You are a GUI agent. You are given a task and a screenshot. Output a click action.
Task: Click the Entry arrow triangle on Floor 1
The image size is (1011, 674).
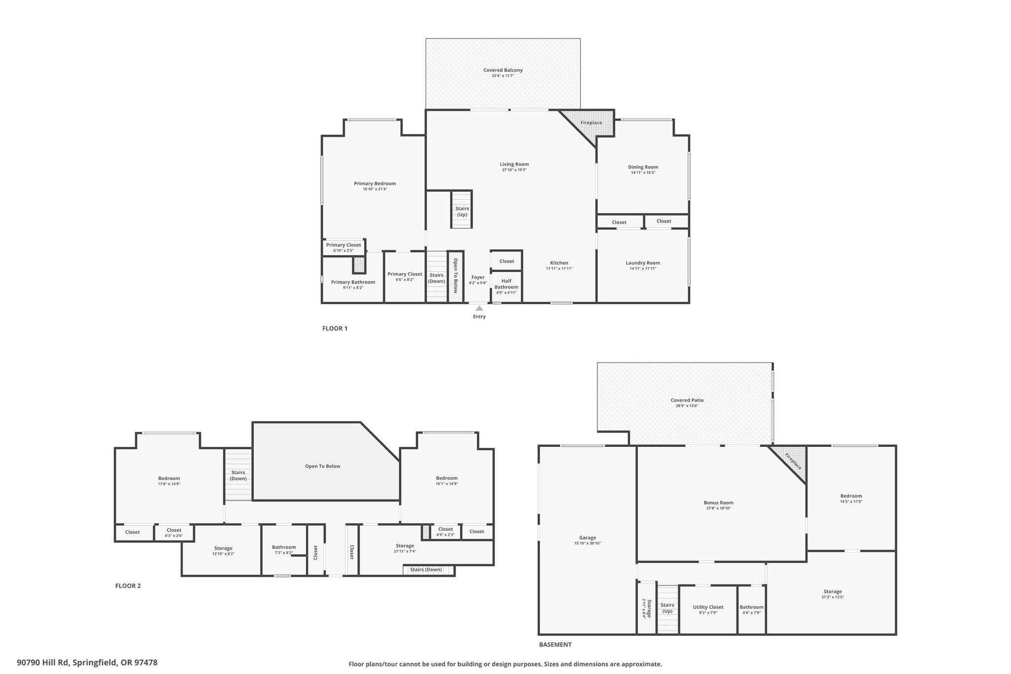click(479, 308)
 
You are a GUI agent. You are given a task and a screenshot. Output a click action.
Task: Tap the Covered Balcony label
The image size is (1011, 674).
click(503, 70)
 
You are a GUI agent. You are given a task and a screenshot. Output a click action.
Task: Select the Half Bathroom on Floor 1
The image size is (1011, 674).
click(506, 286)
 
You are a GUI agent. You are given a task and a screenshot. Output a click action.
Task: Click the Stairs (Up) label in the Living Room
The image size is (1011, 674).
click(462, 211)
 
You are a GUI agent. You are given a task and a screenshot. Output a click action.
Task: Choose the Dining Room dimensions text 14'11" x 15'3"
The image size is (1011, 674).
click(643, 173)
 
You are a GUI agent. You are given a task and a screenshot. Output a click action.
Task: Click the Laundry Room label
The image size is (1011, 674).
click(643, 263)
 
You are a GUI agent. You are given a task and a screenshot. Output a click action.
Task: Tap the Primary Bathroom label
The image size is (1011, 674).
click(353, 282)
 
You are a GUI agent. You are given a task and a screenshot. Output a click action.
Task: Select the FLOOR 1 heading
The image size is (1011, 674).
click(335, 328)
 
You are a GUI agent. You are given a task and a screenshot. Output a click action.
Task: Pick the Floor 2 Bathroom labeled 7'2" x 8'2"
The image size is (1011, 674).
click(284, 550)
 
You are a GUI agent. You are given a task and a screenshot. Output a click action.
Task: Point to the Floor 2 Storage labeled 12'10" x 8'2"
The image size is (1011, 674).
click(224, 551)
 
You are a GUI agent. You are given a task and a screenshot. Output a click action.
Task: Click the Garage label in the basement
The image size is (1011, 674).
click(587, 538)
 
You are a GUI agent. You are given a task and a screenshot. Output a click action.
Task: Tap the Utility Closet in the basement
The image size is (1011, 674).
click(708, 609)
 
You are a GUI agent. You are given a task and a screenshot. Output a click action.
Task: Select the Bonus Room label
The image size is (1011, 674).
click(719, 503)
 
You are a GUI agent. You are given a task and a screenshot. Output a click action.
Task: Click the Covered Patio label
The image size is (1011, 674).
click(687, 400)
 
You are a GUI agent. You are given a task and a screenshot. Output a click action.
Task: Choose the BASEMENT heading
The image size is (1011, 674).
click(555, 644)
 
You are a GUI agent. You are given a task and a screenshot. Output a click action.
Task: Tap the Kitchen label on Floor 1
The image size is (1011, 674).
click(559, 263)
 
